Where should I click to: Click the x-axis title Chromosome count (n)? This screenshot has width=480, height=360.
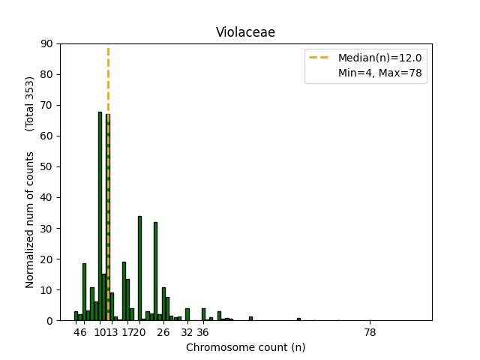click(245, 347)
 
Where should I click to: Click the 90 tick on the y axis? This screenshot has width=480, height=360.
click(47, 44)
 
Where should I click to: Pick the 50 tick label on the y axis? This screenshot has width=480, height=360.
click(47, 167)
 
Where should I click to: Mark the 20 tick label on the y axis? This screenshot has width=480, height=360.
click(47, 259)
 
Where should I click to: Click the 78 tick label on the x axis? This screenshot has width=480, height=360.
click(370, 332)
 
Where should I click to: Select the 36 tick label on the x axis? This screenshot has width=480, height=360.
click(203, 332)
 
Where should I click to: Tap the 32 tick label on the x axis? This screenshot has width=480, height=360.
click(187, 332)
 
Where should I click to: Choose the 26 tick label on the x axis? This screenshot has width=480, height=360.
click(163, 332)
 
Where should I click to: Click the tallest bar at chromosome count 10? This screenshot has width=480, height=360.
click(100, 217)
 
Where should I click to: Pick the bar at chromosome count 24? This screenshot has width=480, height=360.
click(155, 271)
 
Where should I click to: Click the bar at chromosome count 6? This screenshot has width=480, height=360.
click(84, 292)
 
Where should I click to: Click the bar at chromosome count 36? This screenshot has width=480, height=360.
click(203, 315)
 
